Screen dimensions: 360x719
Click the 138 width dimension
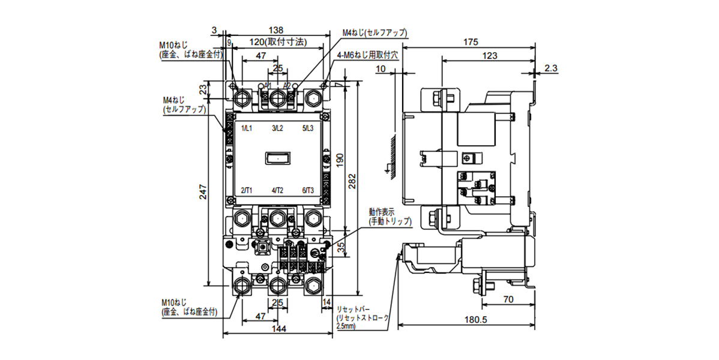point(275,30)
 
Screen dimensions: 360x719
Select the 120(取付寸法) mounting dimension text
point(277,43)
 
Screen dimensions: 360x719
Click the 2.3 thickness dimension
point(552,69)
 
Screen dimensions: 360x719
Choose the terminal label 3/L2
point(277,128)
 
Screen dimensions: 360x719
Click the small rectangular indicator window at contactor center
point(277,159)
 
